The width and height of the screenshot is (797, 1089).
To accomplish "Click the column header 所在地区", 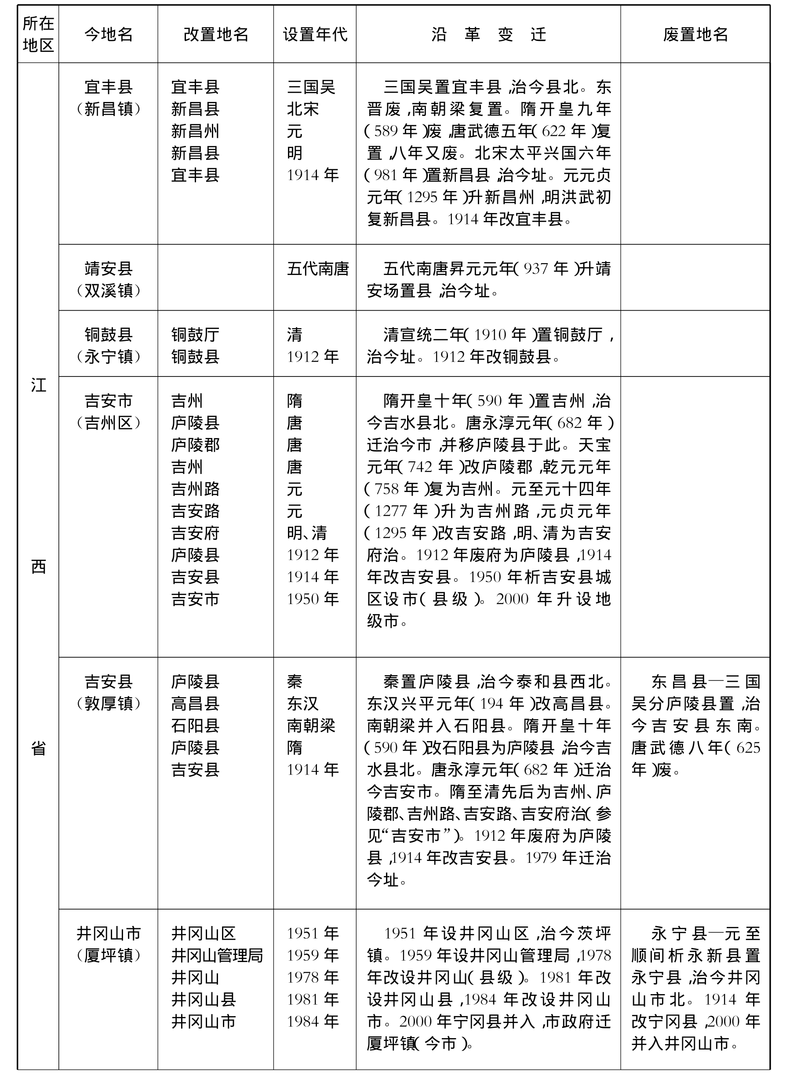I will pyautogui.click(x=38, y=34).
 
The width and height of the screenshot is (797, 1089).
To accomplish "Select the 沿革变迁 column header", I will pyautogui.click(x=488, y=35).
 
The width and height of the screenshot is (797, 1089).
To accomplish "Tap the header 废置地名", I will pyautogui.click(x=695, y=35).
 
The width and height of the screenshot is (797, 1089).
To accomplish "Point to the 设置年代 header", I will pyautogui.click(x=315, y=35).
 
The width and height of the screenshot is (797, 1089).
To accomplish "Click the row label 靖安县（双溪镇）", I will pyautogui.click(x=109, y=279).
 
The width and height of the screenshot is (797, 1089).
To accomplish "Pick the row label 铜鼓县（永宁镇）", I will pyautogui.click(x=109, y=346).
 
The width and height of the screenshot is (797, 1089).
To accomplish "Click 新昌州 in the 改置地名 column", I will pyautogui.click(x=195, y=131).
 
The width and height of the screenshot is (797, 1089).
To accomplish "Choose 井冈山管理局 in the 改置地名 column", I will pyautogui.click(x=217, y=955).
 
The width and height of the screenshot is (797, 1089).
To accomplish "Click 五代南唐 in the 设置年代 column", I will pyautogui.click(x=317, y=268).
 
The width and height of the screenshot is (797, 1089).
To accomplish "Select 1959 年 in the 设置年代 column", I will pyautogui.click(x=313, y=955).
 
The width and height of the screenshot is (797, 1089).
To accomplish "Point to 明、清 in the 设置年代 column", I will pyautogui.click(x=307, y=533).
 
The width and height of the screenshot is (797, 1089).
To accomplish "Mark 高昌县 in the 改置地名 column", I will pyautogui.click(x=195, y=704).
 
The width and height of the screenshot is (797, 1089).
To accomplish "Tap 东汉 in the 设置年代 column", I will pyautogui.click(x=302, y=704).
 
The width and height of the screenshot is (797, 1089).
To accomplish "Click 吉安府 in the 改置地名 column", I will pyautogui.click(x=195, y=533).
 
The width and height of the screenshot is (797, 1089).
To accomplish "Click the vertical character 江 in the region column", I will pyautogui.click(x=38, y=385).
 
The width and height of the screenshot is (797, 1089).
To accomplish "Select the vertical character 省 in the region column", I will pyautogui.click(x=38, y=749).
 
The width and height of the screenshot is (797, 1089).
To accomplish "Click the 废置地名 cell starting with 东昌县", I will pyautogui.click(x=695, y=726).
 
